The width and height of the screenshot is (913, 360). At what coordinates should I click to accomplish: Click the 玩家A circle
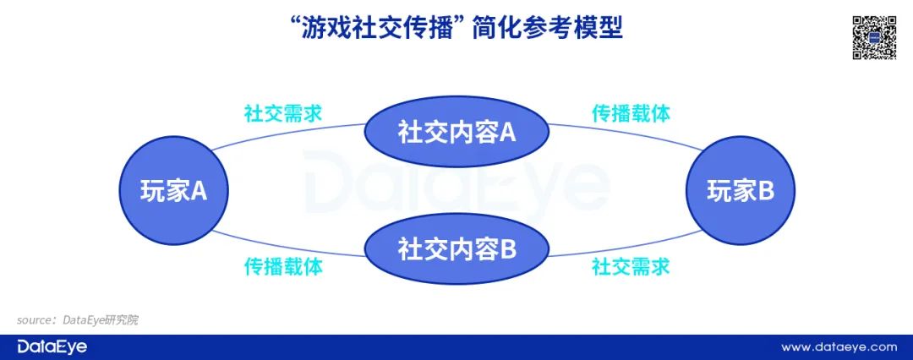click(173, 191)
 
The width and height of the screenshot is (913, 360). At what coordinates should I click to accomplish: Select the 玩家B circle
click(740, 191)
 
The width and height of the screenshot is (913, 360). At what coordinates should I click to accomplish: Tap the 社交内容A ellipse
click(456, 133)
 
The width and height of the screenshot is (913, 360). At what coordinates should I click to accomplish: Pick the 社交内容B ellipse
click(456, 249)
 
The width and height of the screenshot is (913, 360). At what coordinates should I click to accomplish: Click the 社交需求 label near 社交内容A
click(283, 113)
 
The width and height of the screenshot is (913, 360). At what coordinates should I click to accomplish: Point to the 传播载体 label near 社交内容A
click(631, 113)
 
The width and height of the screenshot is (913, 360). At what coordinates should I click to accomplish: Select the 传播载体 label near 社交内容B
click(283, 267)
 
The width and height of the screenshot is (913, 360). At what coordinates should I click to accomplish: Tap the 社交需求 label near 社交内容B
click(631, 267)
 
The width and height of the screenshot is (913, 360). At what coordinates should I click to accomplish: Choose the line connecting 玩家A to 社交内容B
click(287, 248)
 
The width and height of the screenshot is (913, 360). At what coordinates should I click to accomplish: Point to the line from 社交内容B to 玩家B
click(626, 248)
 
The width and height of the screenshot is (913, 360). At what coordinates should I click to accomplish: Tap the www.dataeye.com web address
click(838, 346)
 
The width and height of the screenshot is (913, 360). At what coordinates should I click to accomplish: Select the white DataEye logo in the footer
click(52, 346)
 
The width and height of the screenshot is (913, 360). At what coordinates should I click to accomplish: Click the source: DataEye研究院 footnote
click(77, 320)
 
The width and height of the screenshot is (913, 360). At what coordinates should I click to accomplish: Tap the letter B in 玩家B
click(765, 192)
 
